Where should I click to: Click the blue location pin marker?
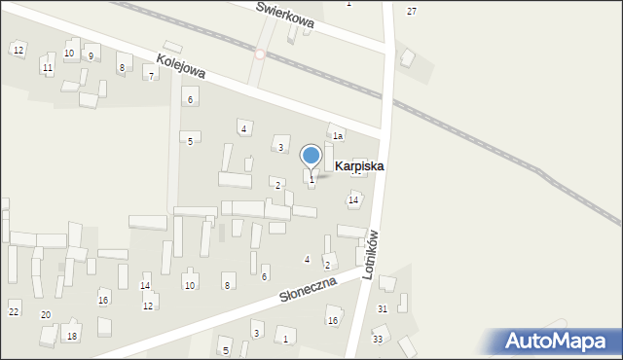click(311, 156)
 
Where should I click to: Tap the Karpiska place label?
click(358, 166)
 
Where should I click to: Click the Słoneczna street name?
click(307, 288)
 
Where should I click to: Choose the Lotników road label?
click(370, 255)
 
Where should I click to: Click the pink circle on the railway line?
click(260, 54)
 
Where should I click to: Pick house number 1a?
click(338, 136)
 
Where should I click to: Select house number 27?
click(412, 11)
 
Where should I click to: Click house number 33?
click(378, 339)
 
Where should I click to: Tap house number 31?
click(383, 308)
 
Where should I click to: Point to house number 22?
click(14, 311)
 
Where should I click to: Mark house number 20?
click(46, 315)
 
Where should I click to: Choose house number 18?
click(71, 336)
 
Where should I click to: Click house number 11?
click(47, 68)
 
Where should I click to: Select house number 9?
click(91, 56)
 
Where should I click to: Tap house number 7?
click(150, 76)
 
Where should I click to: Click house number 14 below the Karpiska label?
click(353, 199)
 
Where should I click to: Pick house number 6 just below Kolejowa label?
click(190, 100)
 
